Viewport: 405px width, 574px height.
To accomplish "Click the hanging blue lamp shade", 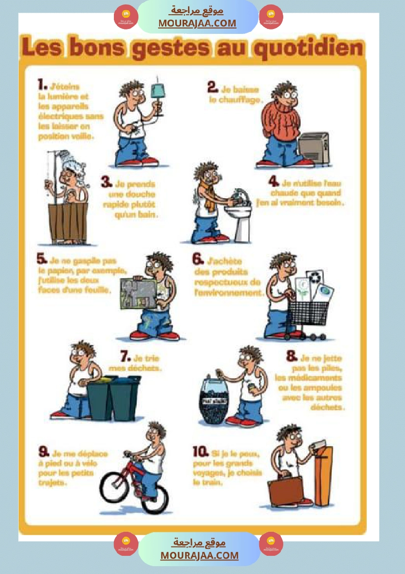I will tap(158, 92).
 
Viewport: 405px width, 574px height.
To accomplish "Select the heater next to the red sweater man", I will tap(314, 149).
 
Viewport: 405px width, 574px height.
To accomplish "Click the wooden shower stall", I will tap(68, 222).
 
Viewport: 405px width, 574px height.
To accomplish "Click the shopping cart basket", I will tap(308, 313).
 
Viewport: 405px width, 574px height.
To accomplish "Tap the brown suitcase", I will tap(285, 491).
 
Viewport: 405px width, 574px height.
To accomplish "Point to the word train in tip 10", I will tap(207, 483).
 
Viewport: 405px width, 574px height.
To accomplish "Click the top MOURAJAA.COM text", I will tap(197, 23).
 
